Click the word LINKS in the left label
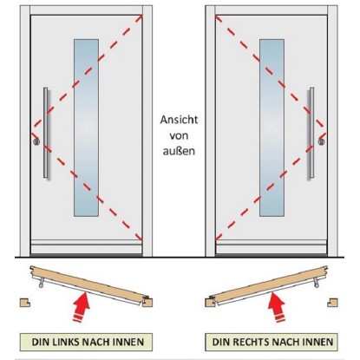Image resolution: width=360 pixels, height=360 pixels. click(x=66, y=342)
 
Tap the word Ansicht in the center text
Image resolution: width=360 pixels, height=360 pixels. click(x=179, y=120)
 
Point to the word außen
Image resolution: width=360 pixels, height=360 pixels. click(x=179, y=151)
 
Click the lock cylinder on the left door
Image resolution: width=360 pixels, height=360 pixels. click(x=36, y=141)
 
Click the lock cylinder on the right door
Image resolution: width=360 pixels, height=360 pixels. click(x=322, y=141)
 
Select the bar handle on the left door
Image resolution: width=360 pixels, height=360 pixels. click(x=46, y=133)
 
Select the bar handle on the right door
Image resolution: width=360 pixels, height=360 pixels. click(x=311, y=133)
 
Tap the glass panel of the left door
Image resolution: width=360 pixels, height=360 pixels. click(x=86, y=128)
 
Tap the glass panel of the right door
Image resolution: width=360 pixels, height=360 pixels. click(x=272, y=128)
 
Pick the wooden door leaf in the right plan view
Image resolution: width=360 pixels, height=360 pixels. click(x=269, y=282)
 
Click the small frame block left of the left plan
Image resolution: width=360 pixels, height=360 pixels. click(x=25, y=303)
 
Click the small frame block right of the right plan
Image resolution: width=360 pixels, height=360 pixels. click(x=332, y=303)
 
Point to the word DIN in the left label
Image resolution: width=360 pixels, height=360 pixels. click(x=41, y=342)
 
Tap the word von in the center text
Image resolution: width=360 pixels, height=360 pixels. click(x=179, y=135)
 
